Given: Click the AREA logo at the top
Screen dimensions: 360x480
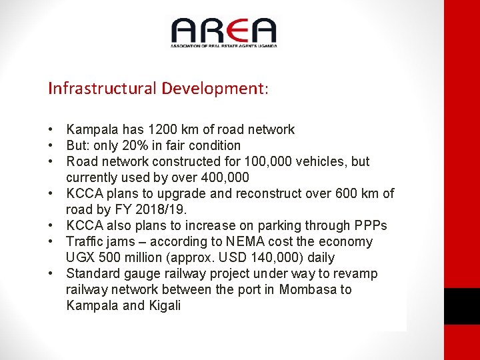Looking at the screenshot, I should pos(223,32).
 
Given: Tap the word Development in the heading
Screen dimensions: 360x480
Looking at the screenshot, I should pos(213,89).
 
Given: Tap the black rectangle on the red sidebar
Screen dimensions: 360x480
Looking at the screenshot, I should pos(462,306).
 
